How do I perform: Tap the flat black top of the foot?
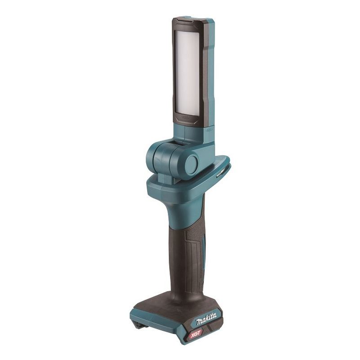(x=166, y=306)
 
